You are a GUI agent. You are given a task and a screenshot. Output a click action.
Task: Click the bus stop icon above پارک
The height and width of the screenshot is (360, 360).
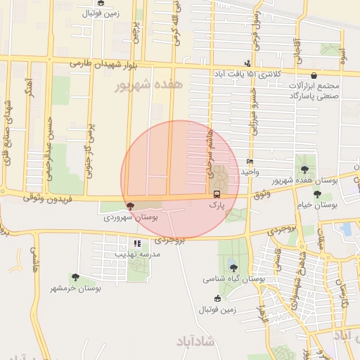[216, 193]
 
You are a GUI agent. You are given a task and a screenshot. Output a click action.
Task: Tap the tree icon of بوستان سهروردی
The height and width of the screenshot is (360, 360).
[129, 206]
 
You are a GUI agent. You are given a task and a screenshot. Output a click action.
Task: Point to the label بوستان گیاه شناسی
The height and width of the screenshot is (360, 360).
[234, 278]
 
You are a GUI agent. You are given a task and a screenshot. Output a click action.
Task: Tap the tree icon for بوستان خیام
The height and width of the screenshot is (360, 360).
[318, 194]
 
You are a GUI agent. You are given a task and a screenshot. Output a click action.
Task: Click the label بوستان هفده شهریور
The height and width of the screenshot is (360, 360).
[304, 181]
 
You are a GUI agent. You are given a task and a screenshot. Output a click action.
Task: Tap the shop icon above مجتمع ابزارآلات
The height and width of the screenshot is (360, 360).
[313, 75]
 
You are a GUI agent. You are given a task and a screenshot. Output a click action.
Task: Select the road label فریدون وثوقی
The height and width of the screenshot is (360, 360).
[39, 198]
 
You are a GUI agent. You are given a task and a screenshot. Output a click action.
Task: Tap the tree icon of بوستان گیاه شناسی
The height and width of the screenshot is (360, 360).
[233, 266]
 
